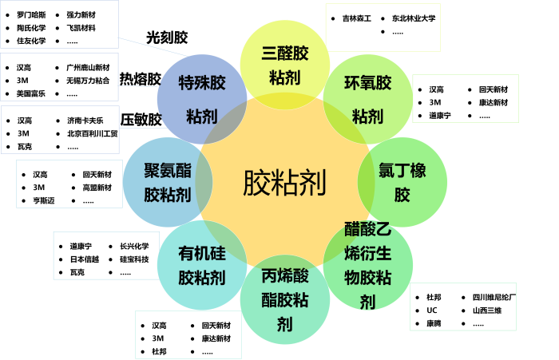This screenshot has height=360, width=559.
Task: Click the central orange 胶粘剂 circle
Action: tap(285, 184)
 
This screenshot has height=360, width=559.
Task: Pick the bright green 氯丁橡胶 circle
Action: tap(402, 182)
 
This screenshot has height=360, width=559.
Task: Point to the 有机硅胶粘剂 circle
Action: tap(202, 266)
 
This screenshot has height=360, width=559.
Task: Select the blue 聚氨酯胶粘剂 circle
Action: tap(167, 182)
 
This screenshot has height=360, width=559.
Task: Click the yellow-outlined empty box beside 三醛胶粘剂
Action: tap(383, 27)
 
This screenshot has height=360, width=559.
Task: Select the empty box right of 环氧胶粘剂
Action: tap(466, 98)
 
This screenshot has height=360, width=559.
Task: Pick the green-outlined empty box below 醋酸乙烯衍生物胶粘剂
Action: tap(463, 306)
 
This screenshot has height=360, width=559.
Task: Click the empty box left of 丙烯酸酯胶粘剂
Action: tap(188, 334)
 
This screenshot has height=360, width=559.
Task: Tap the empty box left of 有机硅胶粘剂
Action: tap(105, 255)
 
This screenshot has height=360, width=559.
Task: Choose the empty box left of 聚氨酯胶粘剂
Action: tap(69, 184)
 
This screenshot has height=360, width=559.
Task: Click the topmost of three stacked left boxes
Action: tap(59, 24)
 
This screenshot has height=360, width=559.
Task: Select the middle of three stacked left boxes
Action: tap(59, 77)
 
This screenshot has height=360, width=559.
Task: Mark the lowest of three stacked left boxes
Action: tap(60, 129)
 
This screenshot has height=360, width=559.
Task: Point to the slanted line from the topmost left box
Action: tap(152, 46)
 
